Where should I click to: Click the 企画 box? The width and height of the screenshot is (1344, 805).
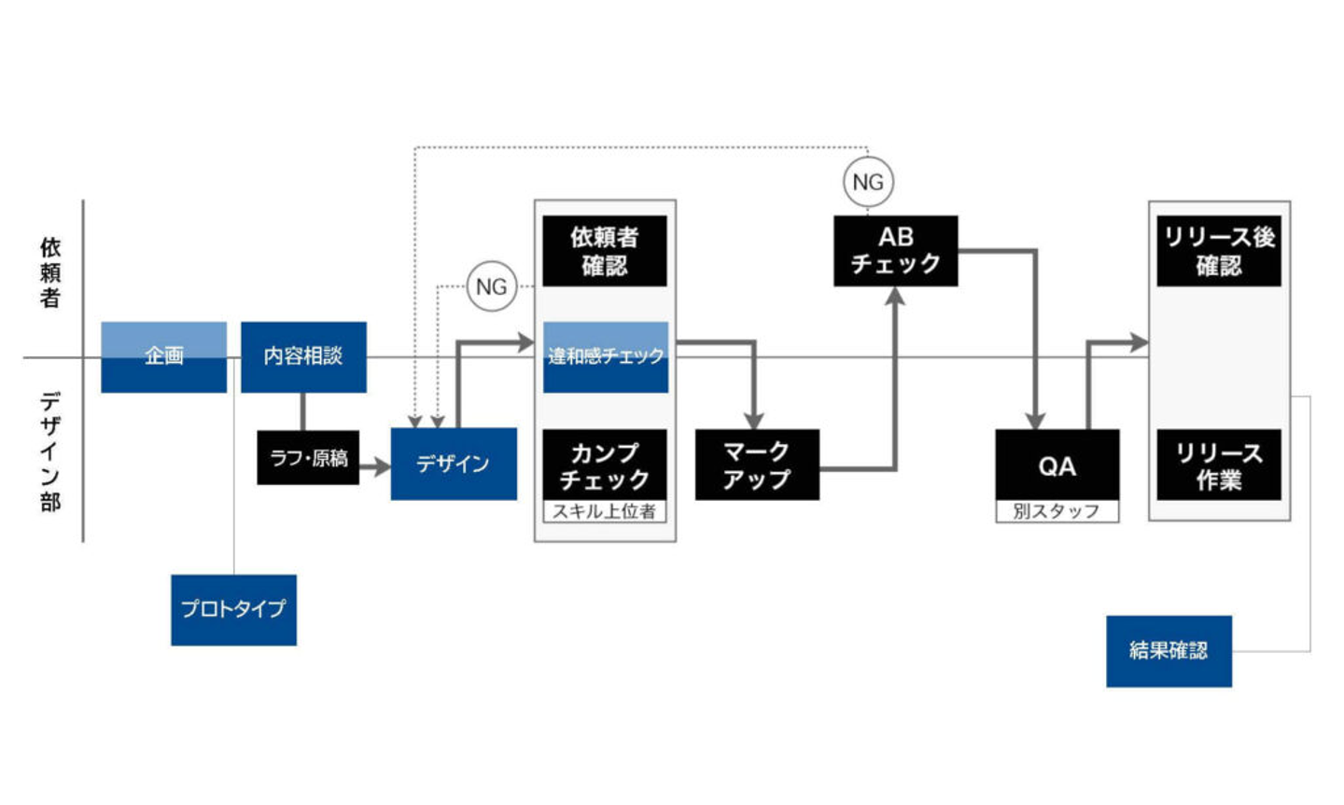pyautogui.click(x=163, y=356)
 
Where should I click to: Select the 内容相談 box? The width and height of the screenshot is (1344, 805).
pyautogui.click(x=303, y=356)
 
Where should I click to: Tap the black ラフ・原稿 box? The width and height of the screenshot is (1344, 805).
pyautogui.click(x=308, y=458)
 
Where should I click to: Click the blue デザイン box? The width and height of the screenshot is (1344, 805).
pyautogui.click(x=454, y=464)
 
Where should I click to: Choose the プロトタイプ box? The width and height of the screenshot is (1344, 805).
pyautogui.click(x=233, y=609)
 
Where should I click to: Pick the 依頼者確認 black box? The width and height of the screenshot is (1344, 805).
pyautogui.click(x=605, y=251)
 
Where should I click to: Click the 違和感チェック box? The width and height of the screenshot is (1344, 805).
pyautogui.click(x=606, y=356)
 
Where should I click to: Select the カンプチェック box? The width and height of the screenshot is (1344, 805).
pyautogui.click(x=605, y=465)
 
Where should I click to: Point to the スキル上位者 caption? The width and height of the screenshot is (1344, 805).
pyautogui.click(x=605, y=511)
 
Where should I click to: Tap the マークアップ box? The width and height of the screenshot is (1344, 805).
pyautogui.click(x=757, y=465)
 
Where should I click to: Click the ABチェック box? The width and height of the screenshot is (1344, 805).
pyautogui.click(x=895, y=251)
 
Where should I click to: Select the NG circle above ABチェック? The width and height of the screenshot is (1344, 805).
pyautogui.click(x=868, y=182)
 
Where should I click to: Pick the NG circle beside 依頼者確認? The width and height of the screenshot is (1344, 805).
pyautogui.click(x=492, y=286)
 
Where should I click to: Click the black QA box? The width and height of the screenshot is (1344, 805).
pyautogui.click(x=1057, y=465)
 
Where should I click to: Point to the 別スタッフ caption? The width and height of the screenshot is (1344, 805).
pyautogui.click(x=1057, y=511)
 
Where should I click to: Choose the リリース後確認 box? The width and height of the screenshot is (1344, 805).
pyautogui.click(x=1219, y=251)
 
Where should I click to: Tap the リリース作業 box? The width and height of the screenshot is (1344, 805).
pyautogui.click(x=1219, y=465)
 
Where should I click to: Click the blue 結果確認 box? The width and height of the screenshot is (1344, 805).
pyautogui.click(x=1169, y=651)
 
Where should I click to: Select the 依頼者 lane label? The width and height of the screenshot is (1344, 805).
pyautogui.click(x=50, y=272)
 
